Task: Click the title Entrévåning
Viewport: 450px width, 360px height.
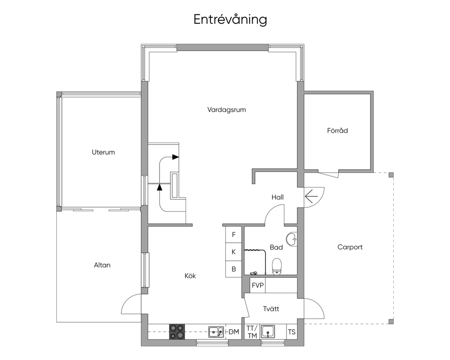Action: pyautogui.click(x=230, y=19)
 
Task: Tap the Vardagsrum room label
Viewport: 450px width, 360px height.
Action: pyautogui.click(x=226, y=109)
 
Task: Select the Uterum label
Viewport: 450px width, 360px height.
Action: pyautogui.click(x=103, y=152)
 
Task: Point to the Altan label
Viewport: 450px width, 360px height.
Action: pyautogui.click(x=102, y=265)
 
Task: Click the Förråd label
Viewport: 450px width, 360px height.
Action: pyautogui.click(x=337, y=131)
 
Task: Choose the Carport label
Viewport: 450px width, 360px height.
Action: pyautogui.click(x=350, y=247)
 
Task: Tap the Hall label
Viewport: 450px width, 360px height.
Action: pyautogui.click(x=278, y=197)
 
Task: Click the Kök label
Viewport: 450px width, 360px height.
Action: pyautogui.click(x=190, y=276)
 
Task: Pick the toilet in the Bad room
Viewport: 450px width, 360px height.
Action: pyautogui.click(x=277, y=266)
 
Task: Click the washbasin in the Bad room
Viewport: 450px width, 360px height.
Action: pyautogui.click(x=292, y=239)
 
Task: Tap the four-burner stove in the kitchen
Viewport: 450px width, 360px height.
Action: pyautogui.click(x=177, y=332)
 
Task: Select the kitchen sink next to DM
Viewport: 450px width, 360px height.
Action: pyautogui.click(x=216, y=332)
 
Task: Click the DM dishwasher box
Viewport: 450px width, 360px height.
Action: pyautogui.click(x=234, y=332)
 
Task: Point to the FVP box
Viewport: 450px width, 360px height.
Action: pyautogui.click(x=258, y=285)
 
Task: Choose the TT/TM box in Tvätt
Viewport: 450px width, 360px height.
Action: pyautogui.click(x=252, y=332)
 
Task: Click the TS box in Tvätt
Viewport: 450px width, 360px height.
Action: pyautogui.click(x=292, y=332)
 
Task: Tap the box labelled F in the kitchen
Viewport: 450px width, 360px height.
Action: pyautogui.click(x=233, y=235)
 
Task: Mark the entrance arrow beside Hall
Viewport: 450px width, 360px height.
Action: pyautogui.click(x=312, y=197)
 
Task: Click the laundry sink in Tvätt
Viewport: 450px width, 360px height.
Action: pyautogui.click(x=268, y=331)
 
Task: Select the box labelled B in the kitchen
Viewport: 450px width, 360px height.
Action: pyautogui.click(x=233, y=269)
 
